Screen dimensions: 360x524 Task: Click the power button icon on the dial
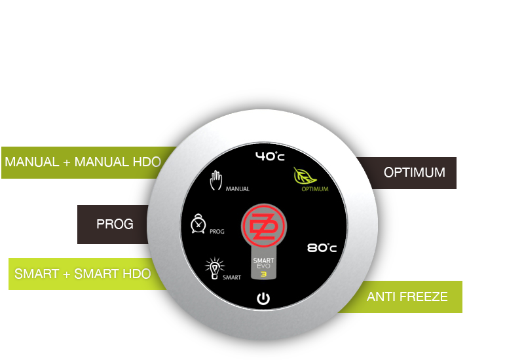coord(263,299)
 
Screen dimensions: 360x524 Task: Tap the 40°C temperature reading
coord(270,156)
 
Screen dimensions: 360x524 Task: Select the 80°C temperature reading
coord(322,248)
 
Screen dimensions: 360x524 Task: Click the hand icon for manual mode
coord(216,181)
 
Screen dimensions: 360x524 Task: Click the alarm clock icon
coord(198,225)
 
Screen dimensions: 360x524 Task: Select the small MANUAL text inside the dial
coord(237,189)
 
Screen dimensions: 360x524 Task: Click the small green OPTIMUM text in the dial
coord(315,190)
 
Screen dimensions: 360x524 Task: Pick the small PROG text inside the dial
coord(217,232)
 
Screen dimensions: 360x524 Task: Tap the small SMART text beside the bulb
coord(231,278)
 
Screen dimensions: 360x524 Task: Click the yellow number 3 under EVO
coord(263,275)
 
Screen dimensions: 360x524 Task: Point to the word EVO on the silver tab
coord(263,267)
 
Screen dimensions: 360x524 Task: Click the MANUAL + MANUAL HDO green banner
coord(82,162)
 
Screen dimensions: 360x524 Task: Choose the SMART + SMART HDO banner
coord(81,274)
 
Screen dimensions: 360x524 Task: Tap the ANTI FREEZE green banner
coord(407,297)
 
